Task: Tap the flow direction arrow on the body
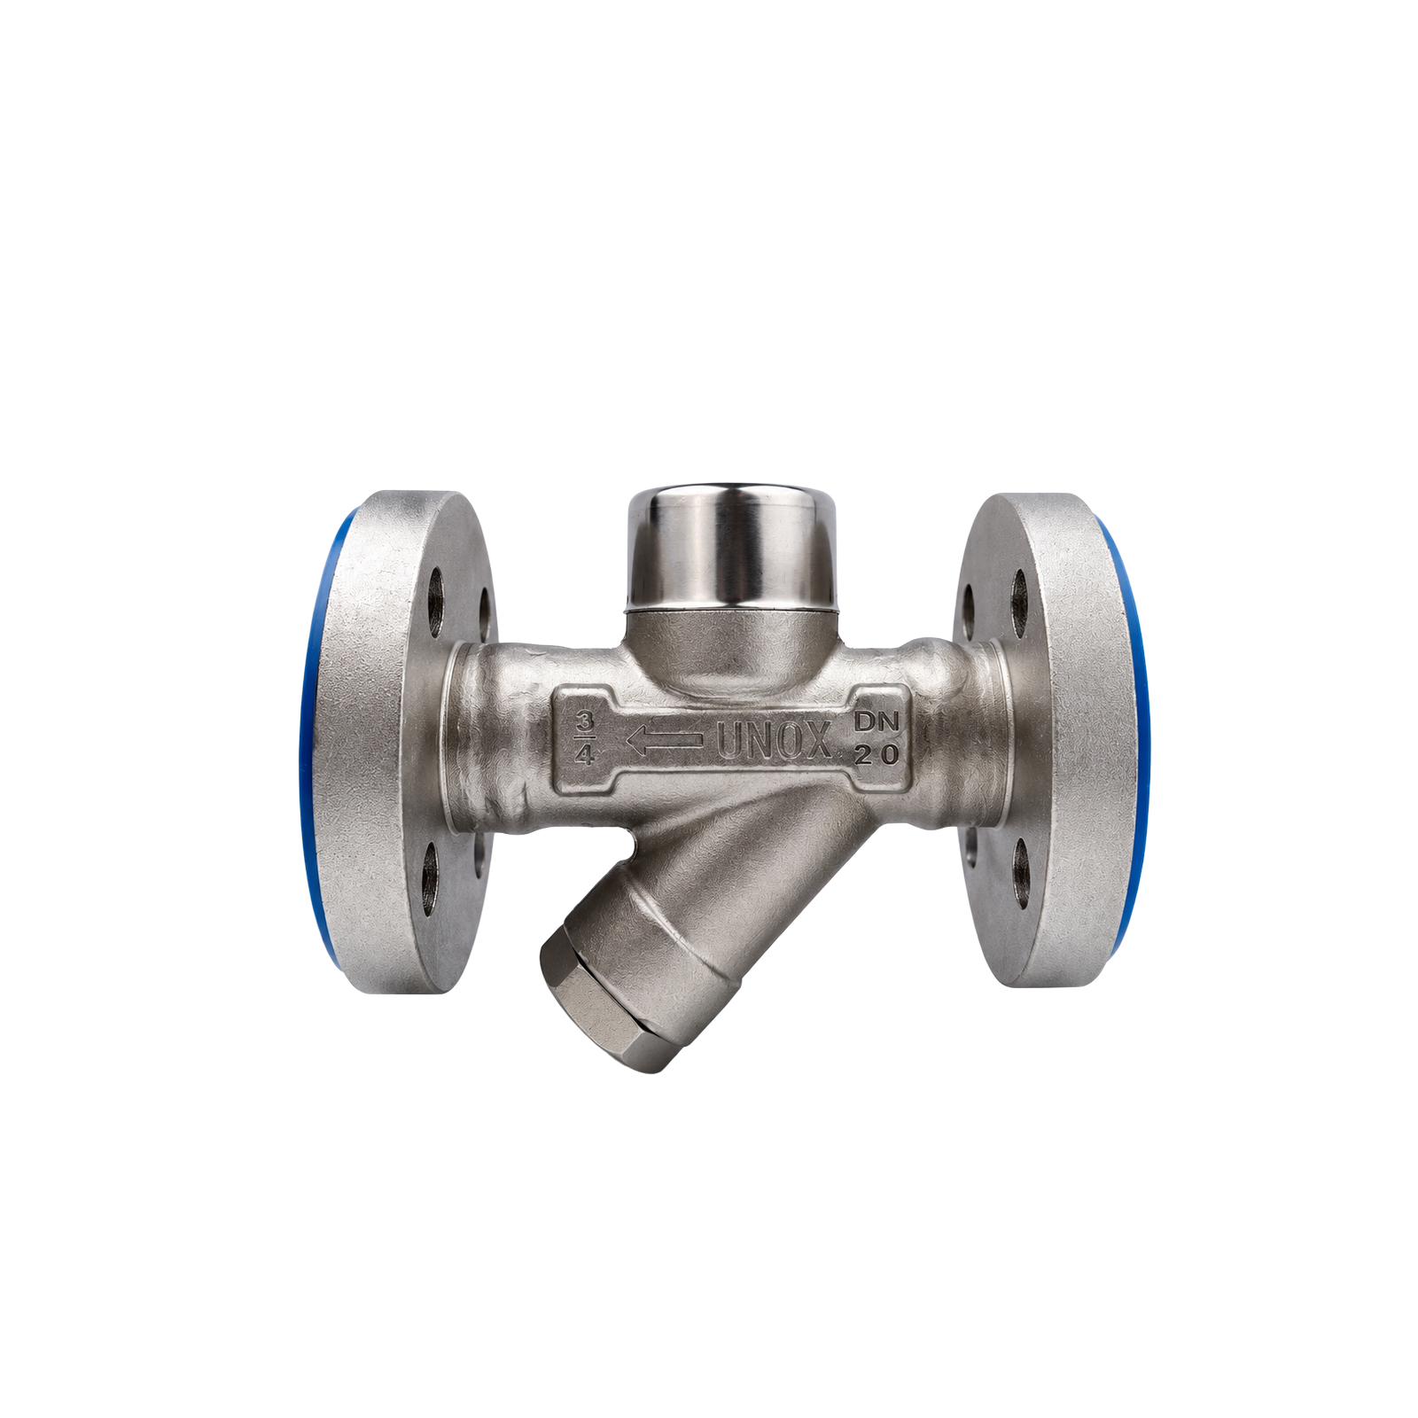pyautogui.click(x=665, y=740)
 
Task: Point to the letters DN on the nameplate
pyautogui.click(x=876, y=722)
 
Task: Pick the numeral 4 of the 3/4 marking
pyautogui.click(x=584, y=755)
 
